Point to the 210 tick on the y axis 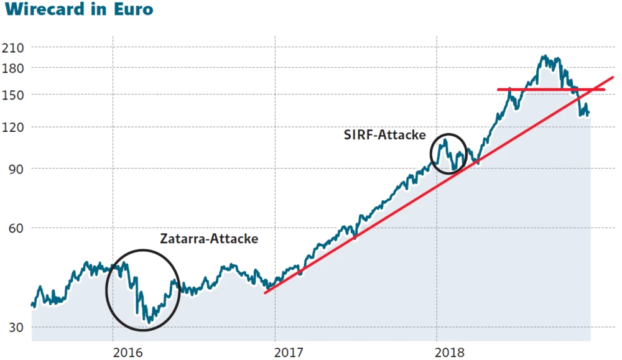[13, 47]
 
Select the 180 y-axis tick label [13, 67]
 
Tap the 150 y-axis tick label [13, 95]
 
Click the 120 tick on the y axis [13, 127]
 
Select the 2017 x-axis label [289, 352]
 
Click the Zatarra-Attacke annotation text [209, 238]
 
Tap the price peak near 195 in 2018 [545, 57]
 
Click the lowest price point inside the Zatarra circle [147, 321]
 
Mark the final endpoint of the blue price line [589, 113]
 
